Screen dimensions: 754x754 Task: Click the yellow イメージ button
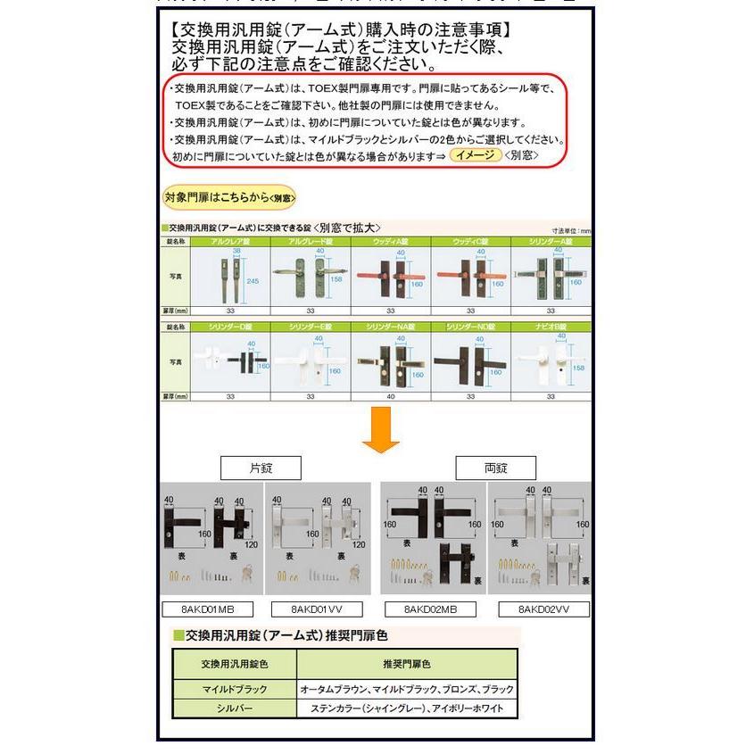475,155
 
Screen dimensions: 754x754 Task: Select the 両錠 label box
495,468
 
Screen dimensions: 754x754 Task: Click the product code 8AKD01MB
208,609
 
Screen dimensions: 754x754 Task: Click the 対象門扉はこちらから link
229,197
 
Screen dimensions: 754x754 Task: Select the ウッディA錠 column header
391,242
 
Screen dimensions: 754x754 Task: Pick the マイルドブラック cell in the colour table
233,690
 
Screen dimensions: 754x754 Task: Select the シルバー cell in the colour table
233,708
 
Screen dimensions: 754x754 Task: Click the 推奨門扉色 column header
406,665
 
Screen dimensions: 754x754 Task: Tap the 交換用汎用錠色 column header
233,665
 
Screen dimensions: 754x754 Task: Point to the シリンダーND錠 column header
471,327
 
